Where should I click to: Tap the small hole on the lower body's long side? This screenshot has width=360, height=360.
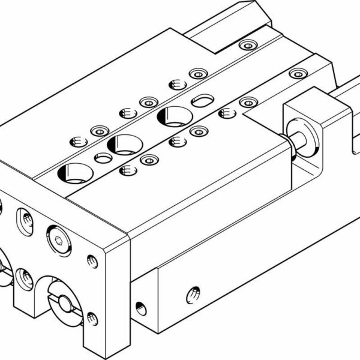tap(194, 294)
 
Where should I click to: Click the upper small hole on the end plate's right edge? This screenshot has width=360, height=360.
tap(92, 261)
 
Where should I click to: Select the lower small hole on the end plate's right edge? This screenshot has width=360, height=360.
tap(92, 317)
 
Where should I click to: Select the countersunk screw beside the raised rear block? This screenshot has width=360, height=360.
tap(246, 45)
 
